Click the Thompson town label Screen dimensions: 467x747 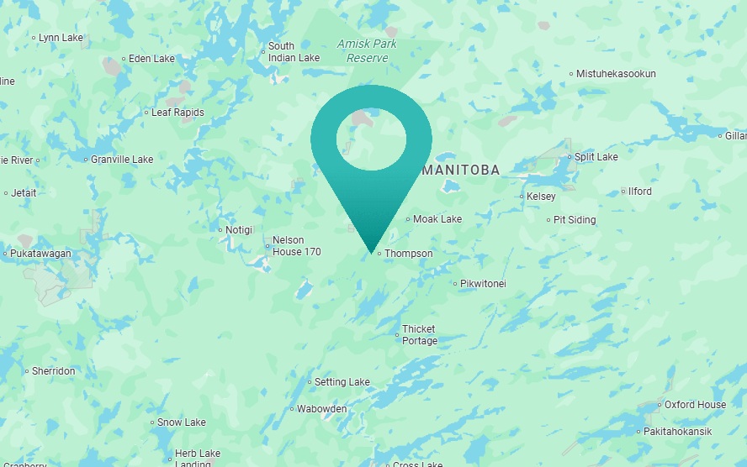tap(409, 254)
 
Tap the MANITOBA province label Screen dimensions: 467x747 tap(461, 170)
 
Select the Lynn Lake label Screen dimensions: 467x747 tap(61, 38)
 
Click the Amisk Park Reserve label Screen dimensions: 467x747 tap(367, 51)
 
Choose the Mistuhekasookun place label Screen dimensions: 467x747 tap(616, 74)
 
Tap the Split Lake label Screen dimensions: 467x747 tap(596, 157)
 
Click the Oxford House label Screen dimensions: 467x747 tap(695, 405)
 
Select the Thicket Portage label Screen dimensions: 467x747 tap(420, 335)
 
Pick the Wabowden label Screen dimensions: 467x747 tap(322, 410)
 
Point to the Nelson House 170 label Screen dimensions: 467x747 tap(296, 246)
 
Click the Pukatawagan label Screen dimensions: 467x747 tap(41, 254)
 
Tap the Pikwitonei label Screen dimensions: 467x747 tap(483, 284)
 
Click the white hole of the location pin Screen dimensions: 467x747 tap(371, 138)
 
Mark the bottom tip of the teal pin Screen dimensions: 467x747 tap(371, 252)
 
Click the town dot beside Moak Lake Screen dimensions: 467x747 tap(408, 220)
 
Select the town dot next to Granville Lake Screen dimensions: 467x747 tap(85, 160)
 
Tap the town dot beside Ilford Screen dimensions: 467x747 tap(623, 192)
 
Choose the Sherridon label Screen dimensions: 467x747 tap(53, 371)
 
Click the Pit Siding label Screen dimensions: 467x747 tap(575, 220)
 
